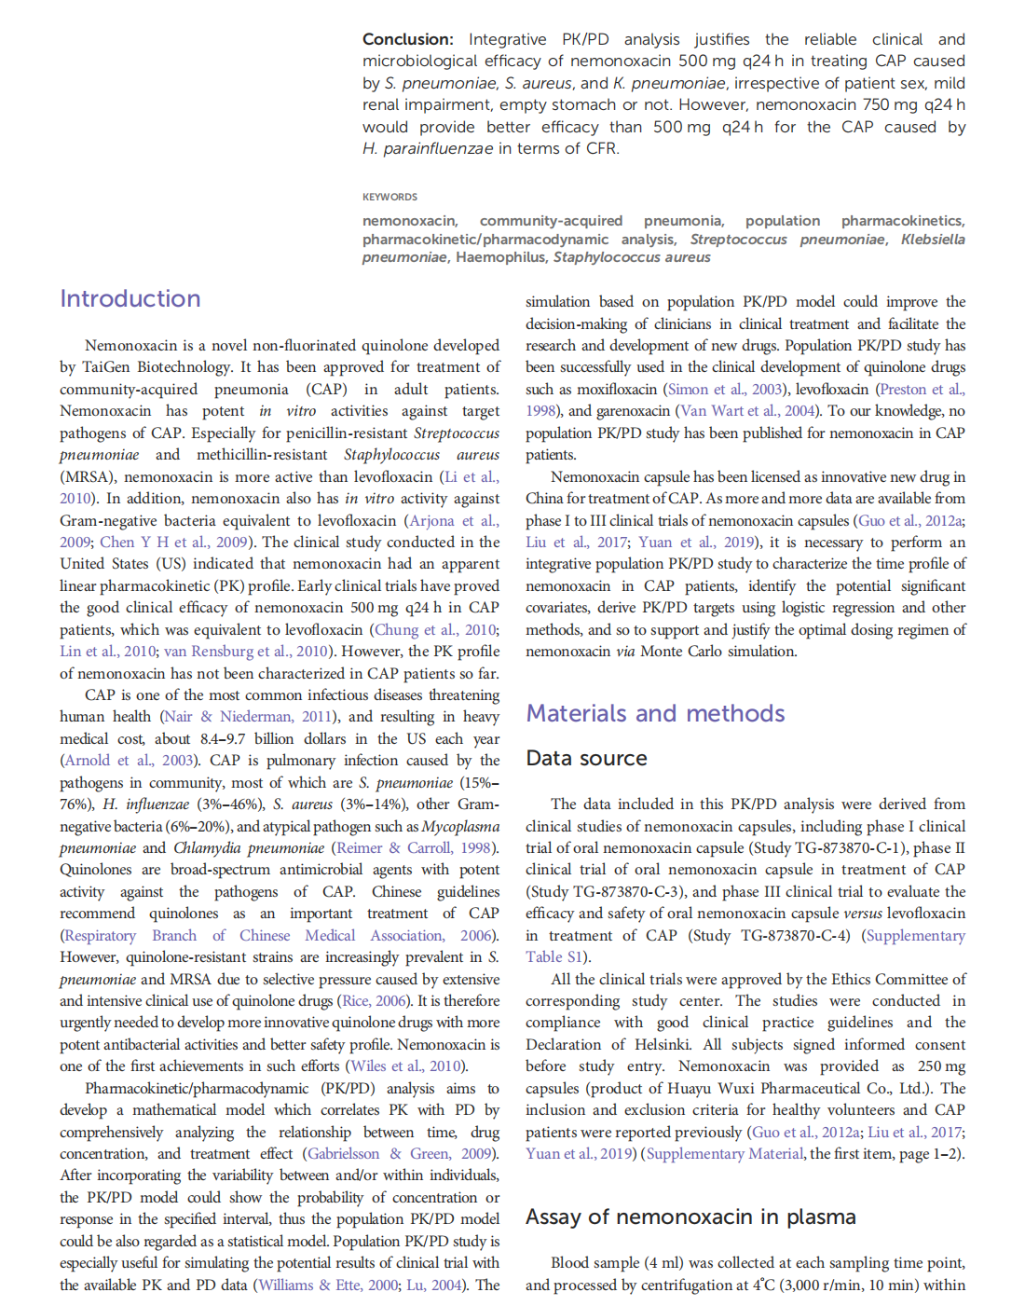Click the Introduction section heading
pos(130,299)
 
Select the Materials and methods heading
pos(655,714)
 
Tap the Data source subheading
pos(586,759)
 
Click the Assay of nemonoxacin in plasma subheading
pos(690,1217)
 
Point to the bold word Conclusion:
pos(407,39)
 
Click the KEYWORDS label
pos(389,197)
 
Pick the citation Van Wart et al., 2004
pos(746,411)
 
